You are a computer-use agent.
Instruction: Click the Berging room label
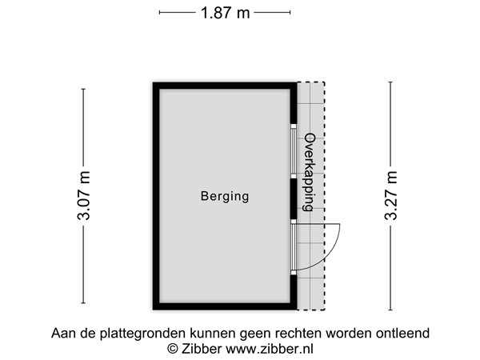225,196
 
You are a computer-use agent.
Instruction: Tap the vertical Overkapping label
309,172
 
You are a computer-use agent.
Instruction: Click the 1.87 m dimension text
225,12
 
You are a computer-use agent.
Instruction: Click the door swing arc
336,244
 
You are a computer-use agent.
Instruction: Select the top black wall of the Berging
225,85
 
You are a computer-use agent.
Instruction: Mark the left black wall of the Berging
156,196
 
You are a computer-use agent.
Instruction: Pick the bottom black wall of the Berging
225,306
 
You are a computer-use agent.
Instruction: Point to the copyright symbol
172,349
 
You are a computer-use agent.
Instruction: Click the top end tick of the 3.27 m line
390,82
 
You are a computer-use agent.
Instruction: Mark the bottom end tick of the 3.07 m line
84,304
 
